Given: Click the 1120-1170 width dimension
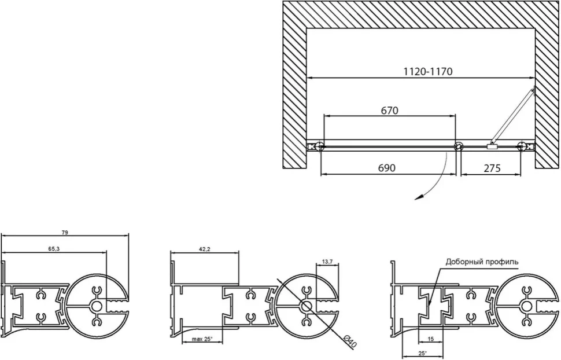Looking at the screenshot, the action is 428,71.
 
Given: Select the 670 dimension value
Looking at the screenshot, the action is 389,111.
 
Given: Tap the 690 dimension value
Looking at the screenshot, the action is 387,168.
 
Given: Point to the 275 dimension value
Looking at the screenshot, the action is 492,168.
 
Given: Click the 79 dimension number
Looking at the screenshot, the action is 65,233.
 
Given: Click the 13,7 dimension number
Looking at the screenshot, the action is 327,262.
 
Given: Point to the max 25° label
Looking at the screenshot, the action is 202,339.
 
